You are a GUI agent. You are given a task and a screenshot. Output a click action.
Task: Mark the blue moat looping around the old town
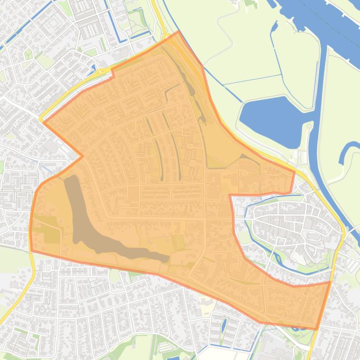(x=252, y=234)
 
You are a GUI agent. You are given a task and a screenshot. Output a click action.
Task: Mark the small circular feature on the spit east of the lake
(x=309, y=126)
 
